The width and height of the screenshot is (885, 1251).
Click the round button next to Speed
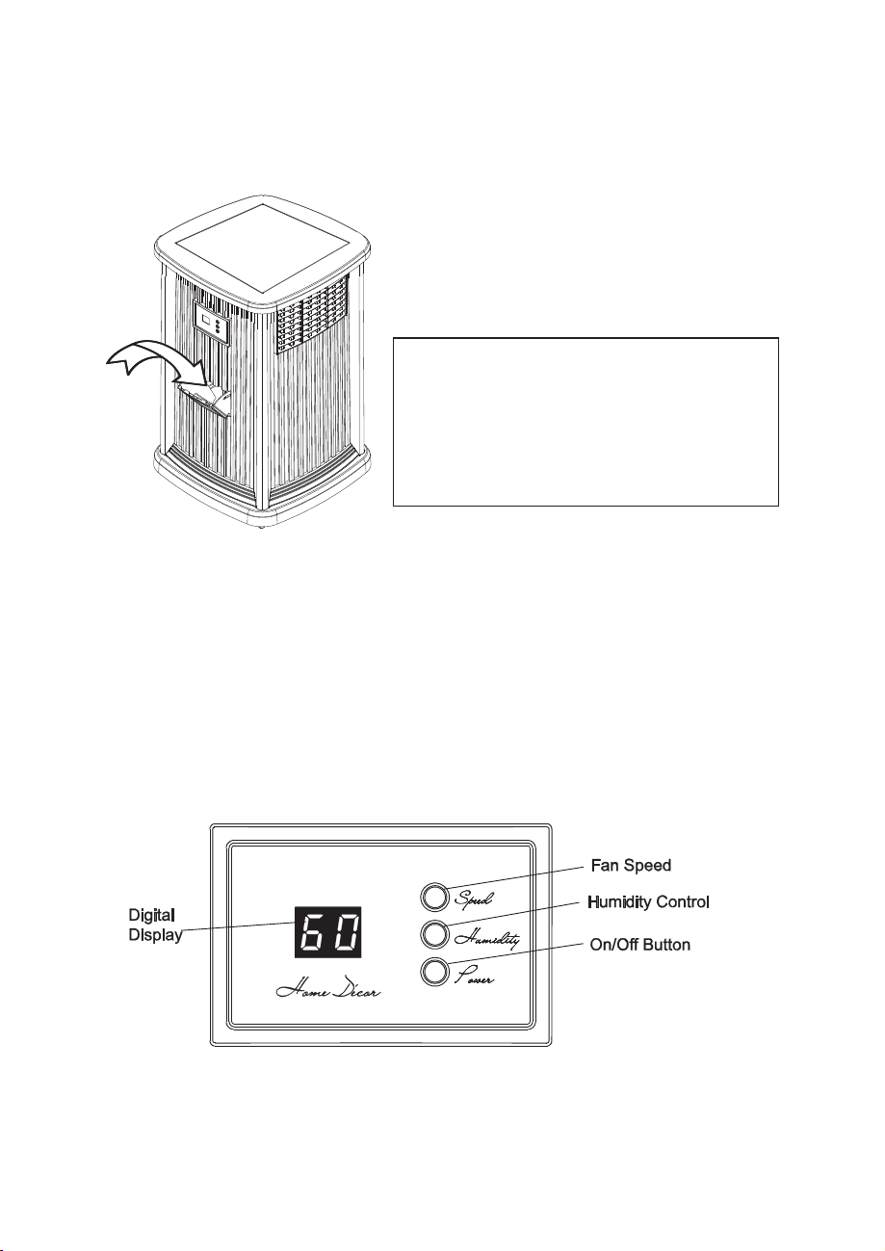click(434, 898)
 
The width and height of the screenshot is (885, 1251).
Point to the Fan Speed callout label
click(631, 866)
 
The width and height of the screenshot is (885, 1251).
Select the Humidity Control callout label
click(648, 902)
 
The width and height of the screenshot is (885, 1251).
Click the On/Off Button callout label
click(639, 945)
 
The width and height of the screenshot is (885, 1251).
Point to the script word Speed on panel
click(474, 899)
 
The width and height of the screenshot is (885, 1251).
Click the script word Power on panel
click(474, 977)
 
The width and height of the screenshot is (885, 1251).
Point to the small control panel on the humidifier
click(211, 323)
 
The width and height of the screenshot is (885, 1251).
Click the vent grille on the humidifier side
click(312, 316)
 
